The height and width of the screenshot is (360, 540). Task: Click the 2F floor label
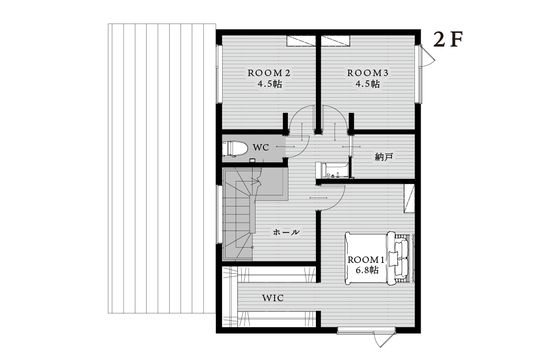pos(448,40)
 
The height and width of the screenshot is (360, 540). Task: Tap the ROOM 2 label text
pos(269,73)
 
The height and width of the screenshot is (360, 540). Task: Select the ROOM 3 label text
pos(368,73)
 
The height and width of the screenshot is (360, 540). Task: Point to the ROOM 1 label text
pos(366,260)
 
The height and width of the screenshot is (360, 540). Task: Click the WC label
pos(261,148)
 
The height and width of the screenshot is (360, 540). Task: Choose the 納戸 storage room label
pos(384,157)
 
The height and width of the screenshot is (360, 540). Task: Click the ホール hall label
pos(286,232)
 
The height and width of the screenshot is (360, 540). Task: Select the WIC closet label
pos(273,298)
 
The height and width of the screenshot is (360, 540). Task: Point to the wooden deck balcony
pos(162,168)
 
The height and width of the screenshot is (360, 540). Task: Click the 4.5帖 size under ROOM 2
pos(270,84)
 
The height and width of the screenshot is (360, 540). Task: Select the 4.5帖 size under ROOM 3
pos(368,84)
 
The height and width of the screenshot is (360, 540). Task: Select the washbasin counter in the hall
pos(333,170)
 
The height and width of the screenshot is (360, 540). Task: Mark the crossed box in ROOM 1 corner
pos(409,199)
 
